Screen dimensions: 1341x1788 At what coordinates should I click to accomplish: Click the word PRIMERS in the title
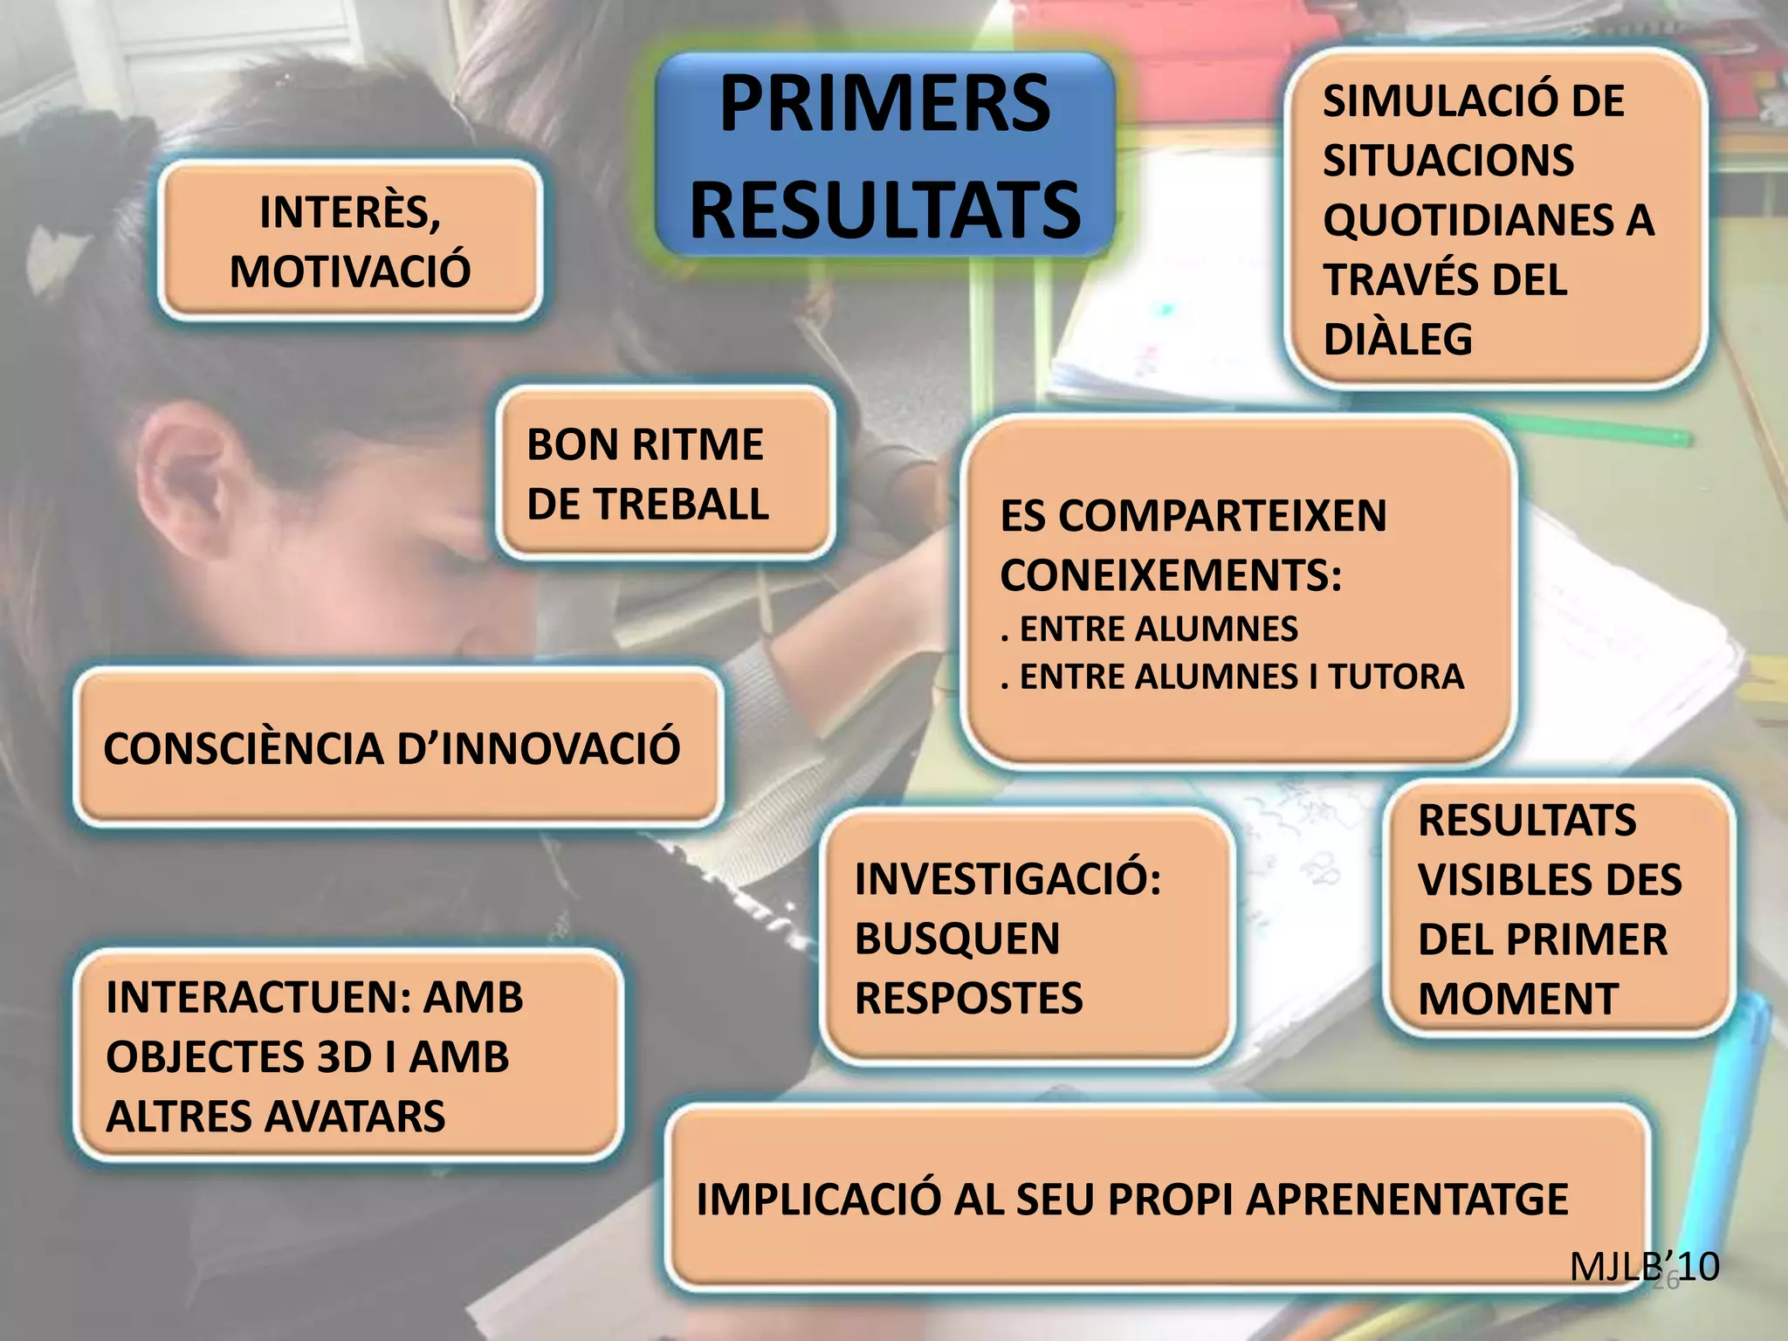pyautogui.click(x=884, y=105)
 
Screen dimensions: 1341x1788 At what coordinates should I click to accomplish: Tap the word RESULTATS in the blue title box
pyautogui.click(x=884, y=210)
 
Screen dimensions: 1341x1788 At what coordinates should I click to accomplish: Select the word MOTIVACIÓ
pyautogui.click(x=350, y=271)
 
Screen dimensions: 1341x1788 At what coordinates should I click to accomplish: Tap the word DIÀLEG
pyautogui.click(x=1398, y=340)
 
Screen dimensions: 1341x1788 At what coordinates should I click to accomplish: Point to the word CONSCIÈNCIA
pyautogui.click(x=244, y=749)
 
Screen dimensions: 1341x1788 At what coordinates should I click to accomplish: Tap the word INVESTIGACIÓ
pyautogui.click(x=1007, y=879)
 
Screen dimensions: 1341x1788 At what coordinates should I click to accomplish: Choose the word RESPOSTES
pyautogui.click(x=968, y=999)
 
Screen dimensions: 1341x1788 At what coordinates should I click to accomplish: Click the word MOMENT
pyautogui.click(x=1518, y=1000)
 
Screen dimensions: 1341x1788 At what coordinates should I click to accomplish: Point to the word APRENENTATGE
pyautogui.click(x=1406, y=1200)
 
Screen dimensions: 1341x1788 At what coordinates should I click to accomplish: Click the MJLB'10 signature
pyautogui.click(x=1644, y=1266)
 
